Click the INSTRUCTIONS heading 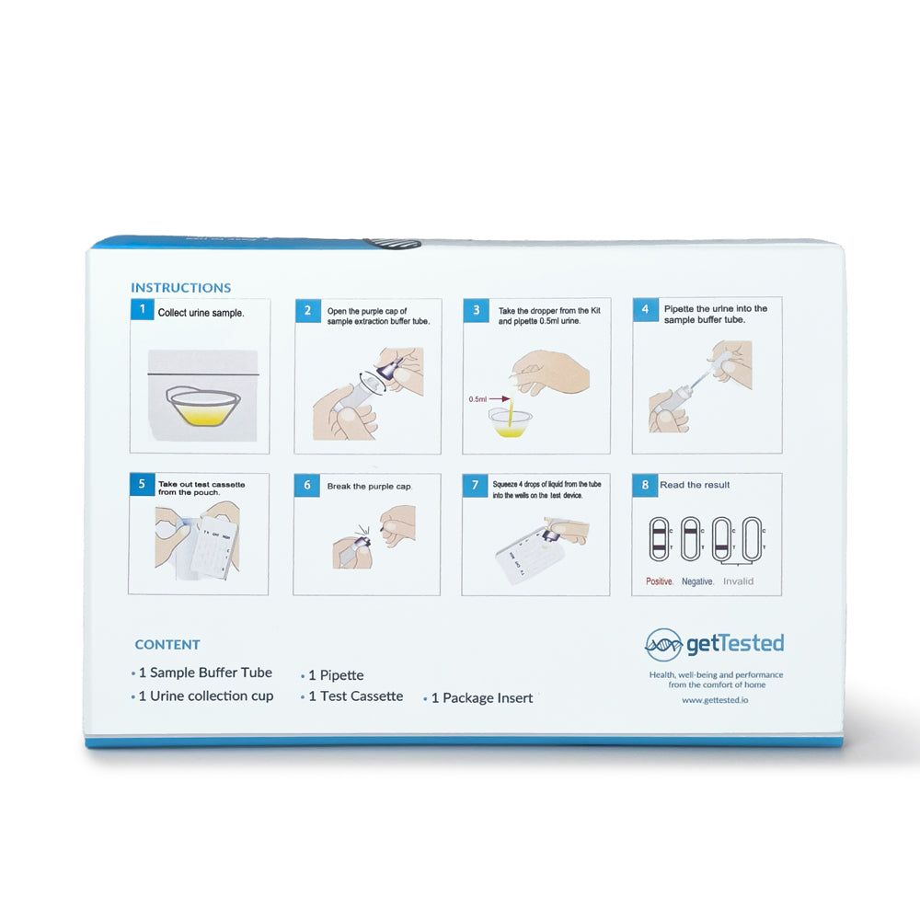(180, 288)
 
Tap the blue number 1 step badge (141, 310)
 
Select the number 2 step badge (307, 311)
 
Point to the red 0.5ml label (477, 399)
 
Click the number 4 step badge (646, 310)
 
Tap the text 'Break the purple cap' (369, 485)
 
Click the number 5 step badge (141, 485)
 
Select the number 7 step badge (475, 485)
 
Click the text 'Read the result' (696, 485)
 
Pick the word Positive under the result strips (659, 581)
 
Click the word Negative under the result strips (697, 581)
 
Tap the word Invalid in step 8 (738, 581)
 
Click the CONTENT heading (167, 645)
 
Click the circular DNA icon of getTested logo (663, 644)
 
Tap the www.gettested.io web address (715, 700)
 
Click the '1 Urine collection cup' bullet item (205, 696)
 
